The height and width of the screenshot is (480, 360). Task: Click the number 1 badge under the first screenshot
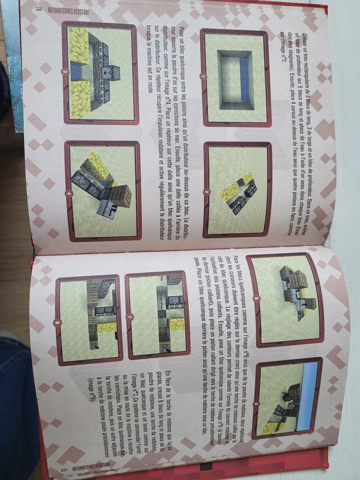203,77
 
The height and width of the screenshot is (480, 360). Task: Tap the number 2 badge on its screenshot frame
206,192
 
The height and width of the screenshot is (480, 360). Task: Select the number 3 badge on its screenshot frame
65,71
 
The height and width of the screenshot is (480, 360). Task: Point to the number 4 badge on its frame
68,193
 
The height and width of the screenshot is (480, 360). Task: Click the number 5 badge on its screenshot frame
256,298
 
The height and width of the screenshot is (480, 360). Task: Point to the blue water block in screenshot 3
76,72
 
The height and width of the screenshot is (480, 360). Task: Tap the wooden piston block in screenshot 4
121,197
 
